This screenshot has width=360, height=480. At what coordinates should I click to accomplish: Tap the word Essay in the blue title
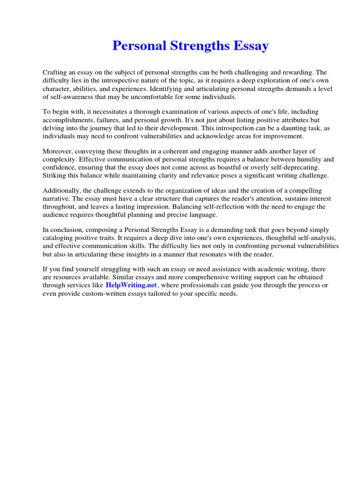click(x=253, y=46)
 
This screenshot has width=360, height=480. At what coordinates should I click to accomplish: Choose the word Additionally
click(x=61, y=191)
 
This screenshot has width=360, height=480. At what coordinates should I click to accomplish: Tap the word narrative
click(x=55, y=199)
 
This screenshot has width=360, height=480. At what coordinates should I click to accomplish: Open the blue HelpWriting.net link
click(x=131, y=285)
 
